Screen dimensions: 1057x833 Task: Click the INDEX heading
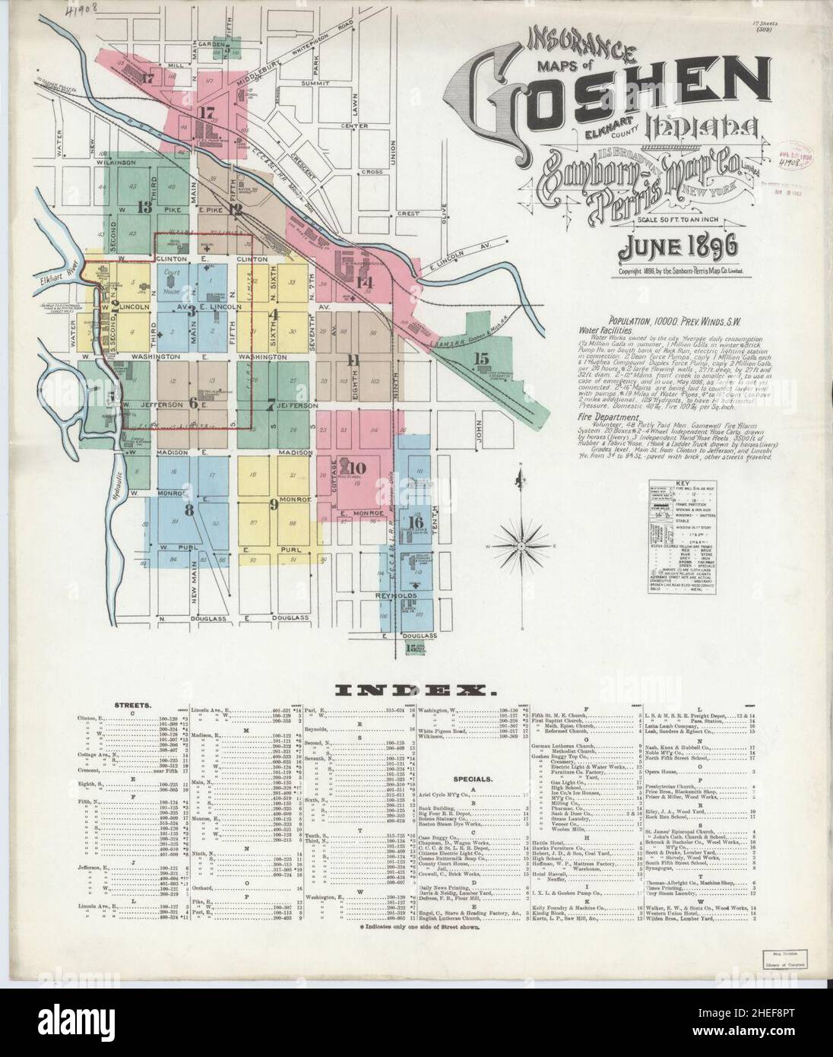click(x=416, y=690)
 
